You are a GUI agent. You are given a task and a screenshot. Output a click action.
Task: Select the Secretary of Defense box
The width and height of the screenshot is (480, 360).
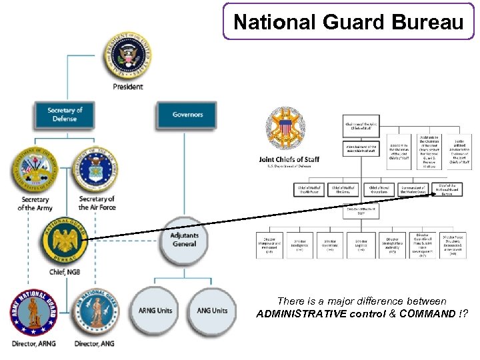tap(65, 115)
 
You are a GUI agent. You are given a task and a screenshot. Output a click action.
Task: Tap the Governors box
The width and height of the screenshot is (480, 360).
tap(187, 115)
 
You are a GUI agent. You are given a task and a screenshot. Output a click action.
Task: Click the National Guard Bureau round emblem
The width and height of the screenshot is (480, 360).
tap(65, 241)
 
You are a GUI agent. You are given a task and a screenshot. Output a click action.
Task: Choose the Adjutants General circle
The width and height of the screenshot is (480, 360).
tap(185, 239)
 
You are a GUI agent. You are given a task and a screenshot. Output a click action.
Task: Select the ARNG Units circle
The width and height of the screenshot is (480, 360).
tap(155, 310)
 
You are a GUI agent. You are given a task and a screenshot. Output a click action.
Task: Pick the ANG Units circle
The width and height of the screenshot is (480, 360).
tap(212, 310)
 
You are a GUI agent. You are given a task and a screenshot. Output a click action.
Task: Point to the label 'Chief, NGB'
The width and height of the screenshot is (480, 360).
tap(65, 272)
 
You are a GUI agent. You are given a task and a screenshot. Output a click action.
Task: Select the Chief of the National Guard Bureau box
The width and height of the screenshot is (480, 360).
tap(447, 190)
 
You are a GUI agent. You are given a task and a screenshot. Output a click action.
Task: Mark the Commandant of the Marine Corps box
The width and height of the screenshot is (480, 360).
tap(415, 190)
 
